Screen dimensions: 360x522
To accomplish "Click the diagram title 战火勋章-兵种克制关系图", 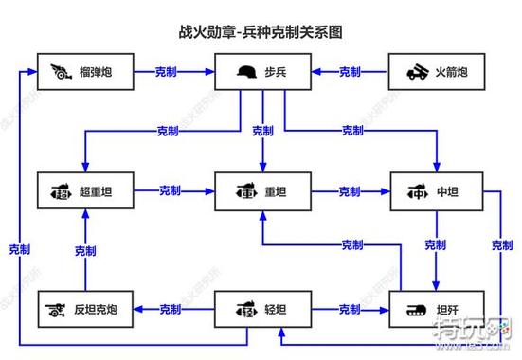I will coord(261,31).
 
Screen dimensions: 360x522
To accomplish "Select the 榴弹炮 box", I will coord(84,72).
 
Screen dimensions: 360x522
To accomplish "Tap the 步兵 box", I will coord(261,72).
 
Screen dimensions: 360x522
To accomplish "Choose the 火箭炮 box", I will coord(437,72).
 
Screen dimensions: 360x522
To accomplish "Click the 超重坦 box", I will coord(84,191).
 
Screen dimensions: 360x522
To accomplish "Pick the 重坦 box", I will coord(261,191).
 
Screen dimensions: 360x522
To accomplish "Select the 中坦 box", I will coord(437,191).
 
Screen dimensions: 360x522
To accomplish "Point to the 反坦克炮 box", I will coord(84,310).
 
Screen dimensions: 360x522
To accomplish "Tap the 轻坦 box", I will coord(261,310).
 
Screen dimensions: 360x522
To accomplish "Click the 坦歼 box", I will coord(437,310).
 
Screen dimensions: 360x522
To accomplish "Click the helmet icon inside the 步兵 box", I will coord(248,73).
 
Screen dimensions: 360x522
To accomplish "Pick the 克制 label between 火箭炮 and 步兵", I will coord(350,72).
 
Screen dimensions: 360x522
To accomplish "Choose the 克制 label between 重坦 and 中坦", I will coord(350,191).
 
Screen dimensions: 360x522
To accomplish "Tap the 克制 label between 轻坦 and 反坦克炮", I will coord(171,310).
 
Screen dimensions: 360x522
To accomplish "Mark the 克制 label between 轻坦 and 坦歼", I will coord(350,310).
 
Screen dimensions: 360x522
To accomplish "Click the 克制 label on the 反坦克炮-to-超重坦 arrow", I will coord(84,251).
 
